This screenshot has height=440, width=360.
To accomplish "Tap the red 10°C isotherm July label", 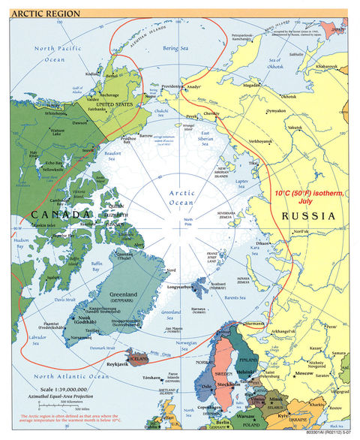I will [308, 197].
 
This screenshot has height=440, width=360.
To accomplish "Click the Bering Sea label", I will [175, 46].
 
